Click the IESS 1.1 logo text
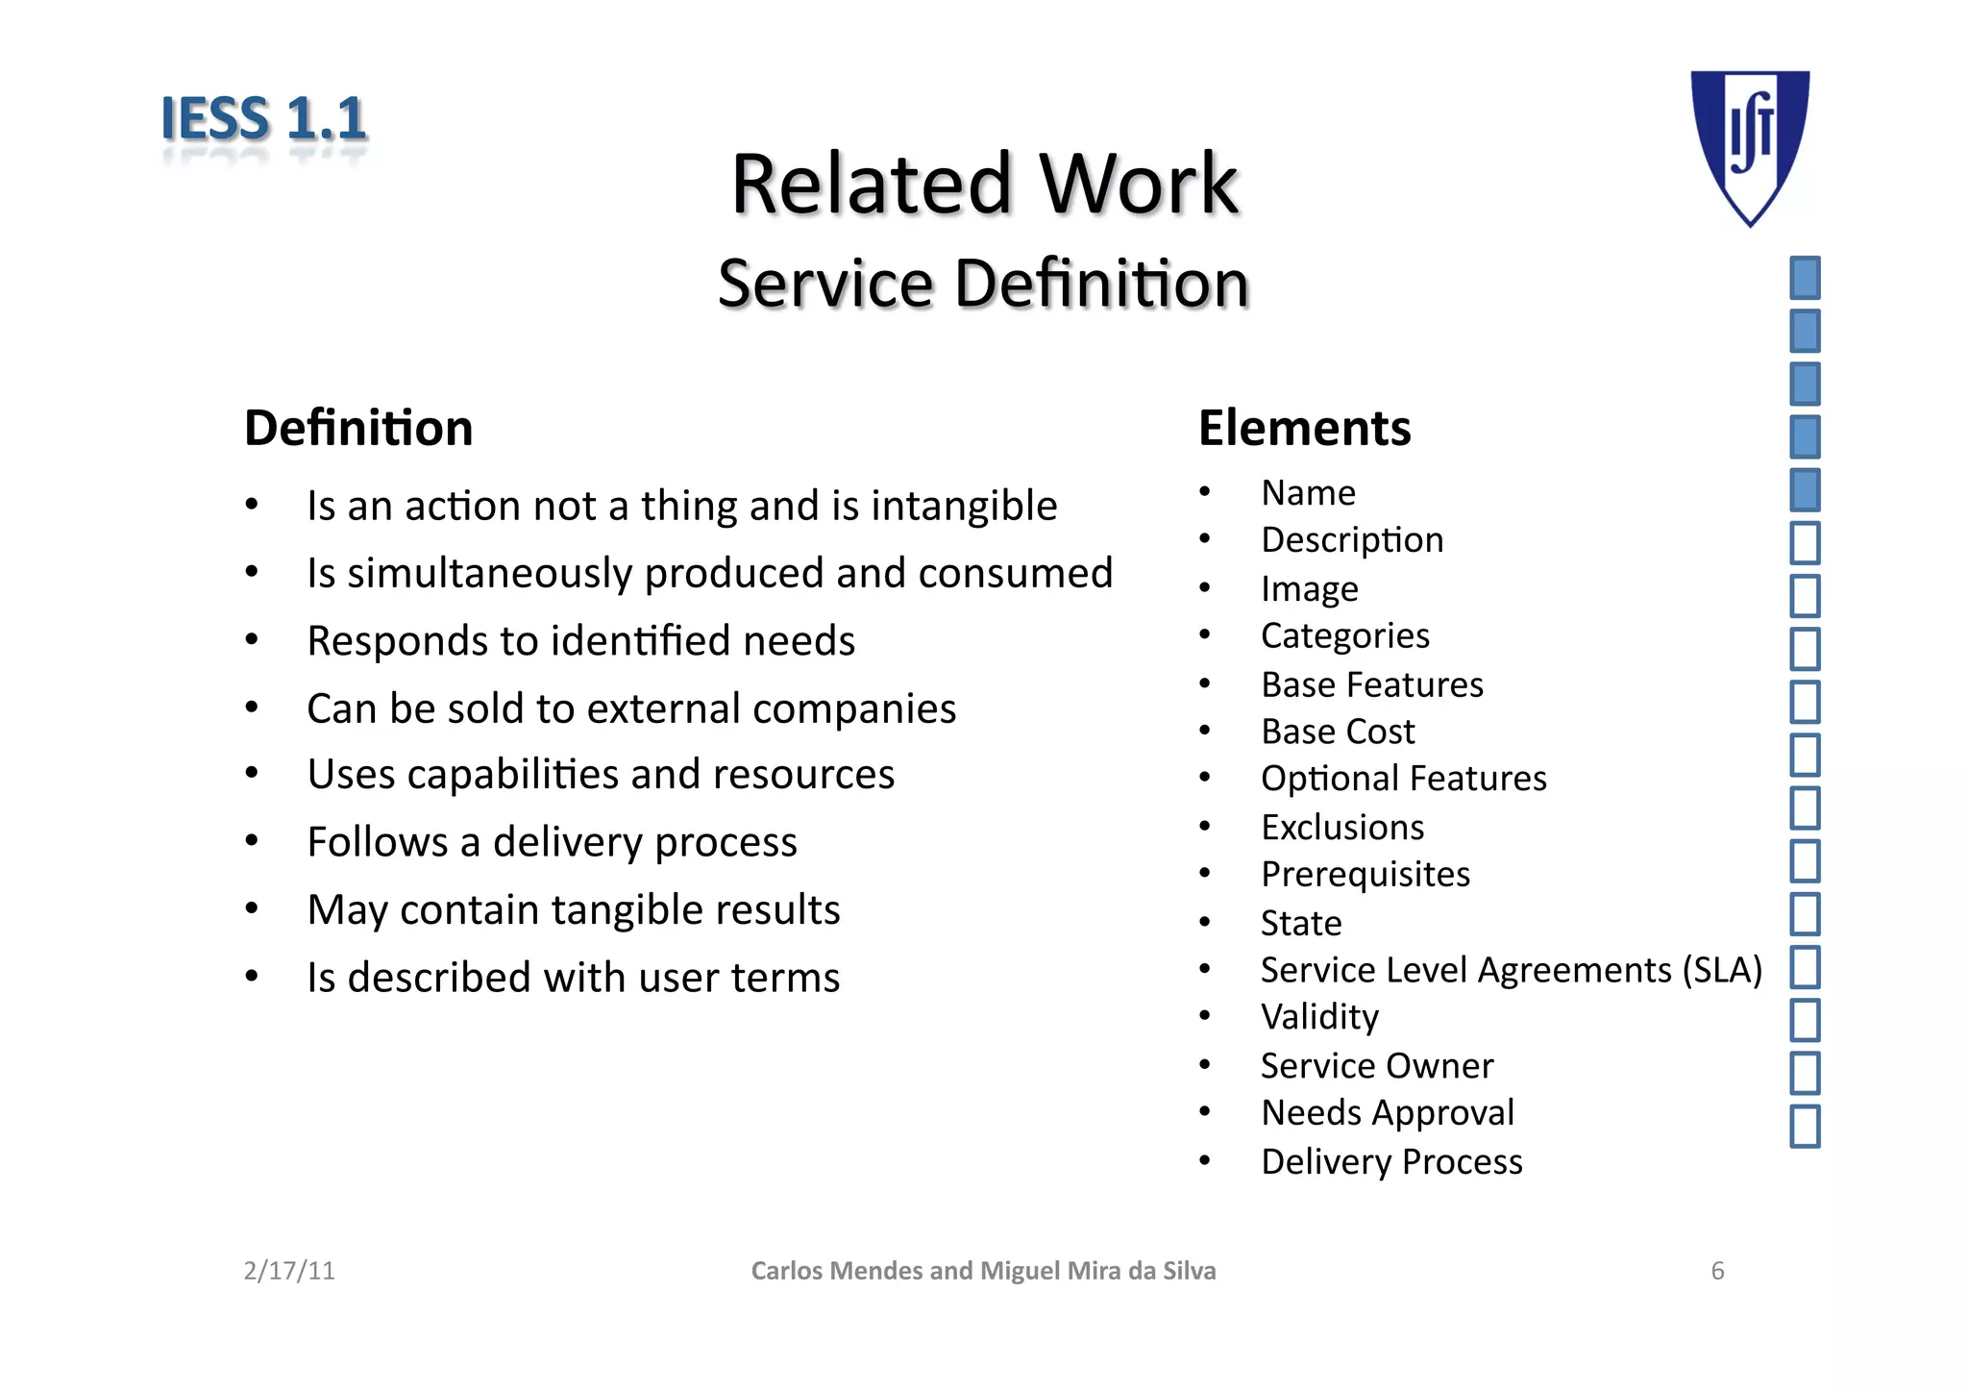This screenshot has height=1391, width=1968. pyautogui.click(x=263, y=119)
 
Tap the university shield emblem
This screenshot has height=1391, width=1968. pyautogui.click(x=1750, y=144)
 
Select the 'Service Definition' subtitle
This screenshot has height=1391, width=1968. pyautogui.click(x=983, y=284)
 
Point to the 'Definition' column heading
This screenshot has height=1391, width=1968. pyautogui.click(x=358, y=428)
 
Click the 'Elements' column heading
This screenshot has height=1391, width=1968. pyautogui.click(x=1304, y=428)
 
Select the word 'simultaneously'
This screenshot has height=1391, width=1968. pyautogui.click(x=489, y=573)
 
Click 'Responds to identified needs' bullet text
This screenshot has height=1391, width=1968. pyautogui.click(x=580, y=641)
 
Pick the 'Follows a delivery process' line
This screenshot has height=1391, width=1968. pyautogui.click(x=552, y=842)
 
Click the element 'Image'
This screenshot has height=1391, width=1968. pyautogui.click(x=1309, y=588)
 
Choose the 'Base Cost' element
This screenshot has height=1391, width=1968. pyautogui.click(x=1338, y=732)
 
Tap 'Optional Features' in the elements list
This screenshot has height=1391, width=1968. pyautogui.click(x=1403, y=779)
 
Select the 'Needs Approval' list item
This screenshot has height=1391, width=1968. pyautogui.click(x=1387, y=1113)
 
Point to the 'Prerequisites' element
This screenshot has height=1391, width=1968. pyautogui.click(x=1365, y=875)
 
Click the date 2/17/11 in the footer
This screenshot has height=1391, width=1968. pyautogui.click(x=289, y=1271)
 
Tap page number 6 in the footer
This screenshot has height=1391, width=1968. pyautogui.click(x=1717, y=1271)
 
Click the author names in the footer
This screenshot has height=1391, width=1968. pyautogui.click(x=983, y=1271)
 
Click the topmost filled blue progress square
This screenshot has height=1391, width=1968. pyautogui.click(x=1805, y=278)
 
